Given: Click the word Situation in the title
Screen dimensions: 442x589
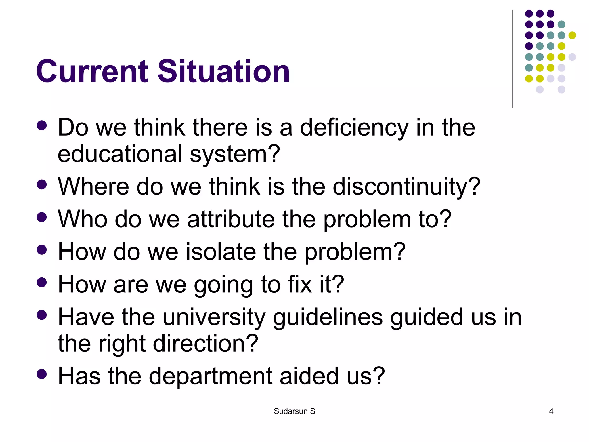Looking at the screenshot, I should point(223,71).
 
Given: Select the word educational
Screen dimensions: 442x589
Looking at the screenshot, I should point(120,154).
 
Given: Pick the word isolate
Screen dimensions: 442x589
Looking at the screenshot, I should point(221,252).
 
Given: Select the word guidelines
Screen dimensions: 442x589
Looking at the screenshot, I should point(328,317).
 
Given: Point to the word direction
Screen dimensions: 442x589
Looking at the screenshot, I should point(205,344).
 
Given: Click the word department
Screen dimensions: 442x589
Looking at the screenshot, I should point(210,376).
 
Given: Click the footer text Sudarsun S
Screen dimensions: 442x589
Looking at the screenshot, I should point(294,411).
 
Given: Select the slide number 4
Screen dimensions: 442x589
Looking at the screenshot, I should point(551,411).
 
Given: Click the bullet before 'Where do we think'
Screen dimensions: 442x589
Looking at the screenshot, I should point(42,184).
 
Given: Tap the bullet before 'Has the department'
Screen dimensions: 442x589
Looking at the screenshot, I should point(42,374).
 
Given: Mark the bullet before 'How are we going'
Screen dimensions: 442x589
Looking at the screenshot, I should point(42,282).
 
